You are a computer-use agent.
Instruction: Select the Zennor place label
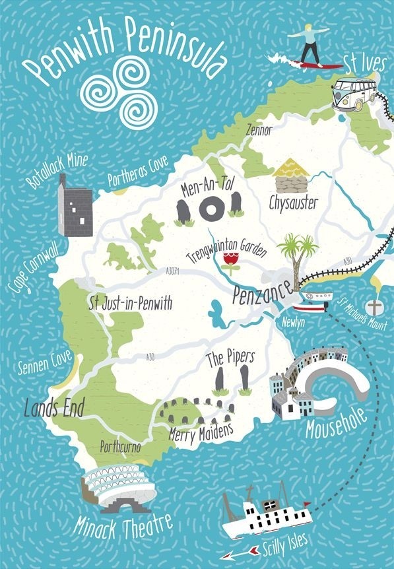coord(257,130)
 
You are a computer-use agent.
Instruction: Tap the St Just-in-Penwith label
coord(130,304)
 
